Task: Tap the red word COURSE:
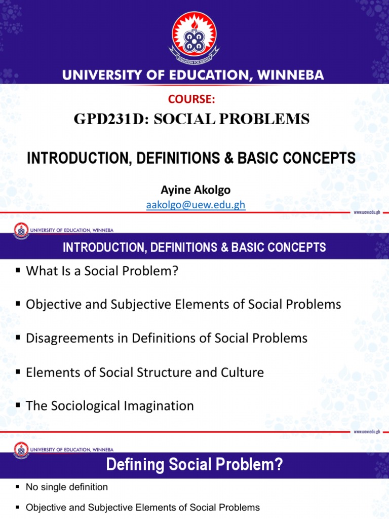[194, 100]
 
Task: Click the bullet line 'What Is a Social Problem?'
[102, 271]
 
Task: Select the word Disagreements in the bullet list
[68, 338]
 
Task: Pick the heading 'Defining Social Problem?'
[194, 465]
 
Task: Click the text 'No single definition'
[67, 487]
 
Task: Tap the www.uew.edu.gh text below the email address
[367, 213]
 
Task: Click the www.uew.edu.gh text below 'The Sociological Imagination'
[367, 431]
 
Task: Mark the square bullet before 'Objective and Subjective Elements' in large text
[17, 305]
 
